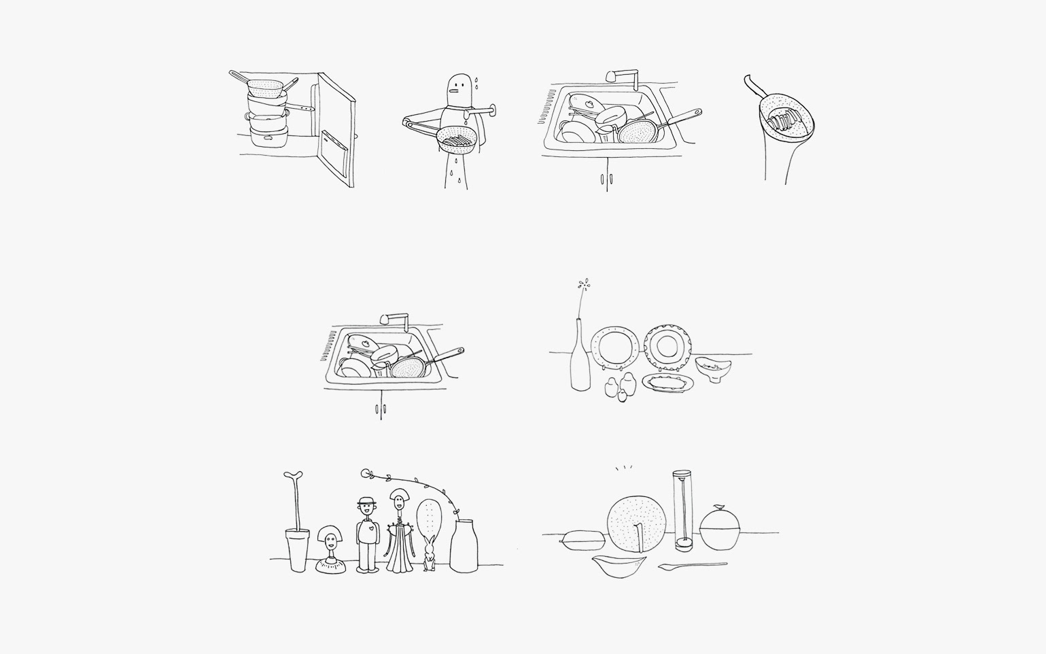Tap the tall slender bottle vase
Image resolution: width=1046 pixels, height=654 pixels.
pos(580,360)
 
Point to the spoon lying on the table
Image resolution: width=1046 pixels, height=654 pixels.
pos(692,565)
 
